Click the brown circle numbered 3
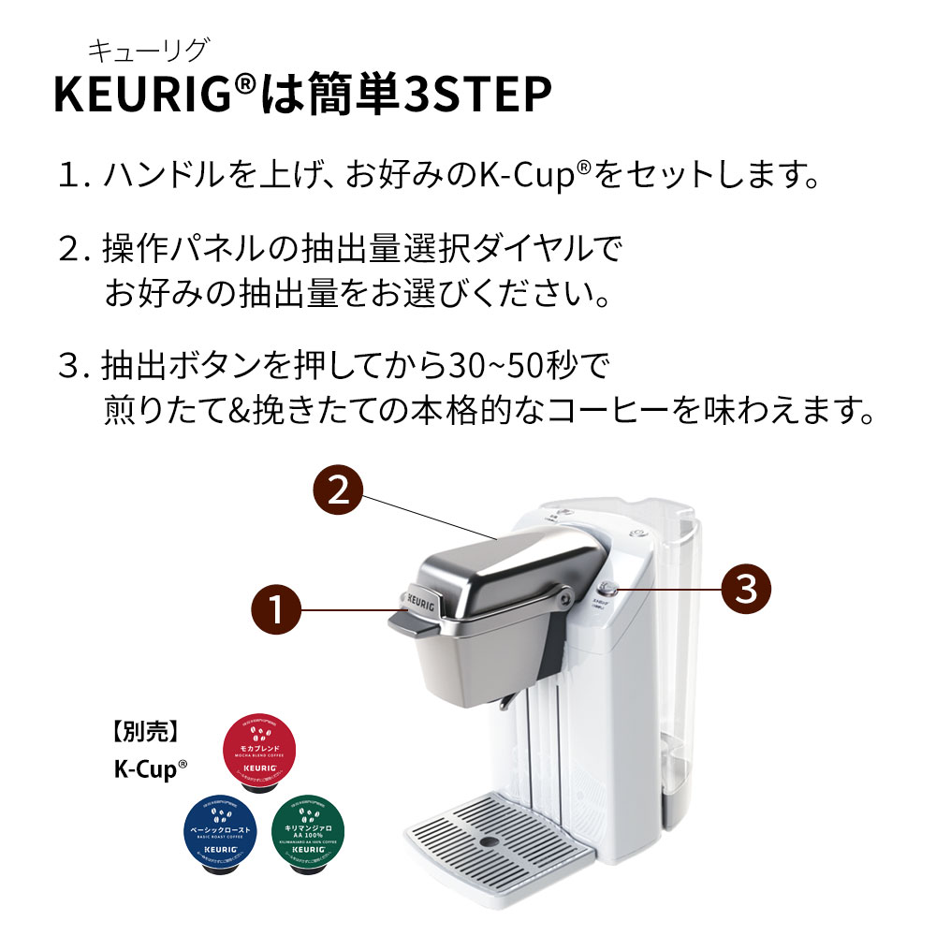pos(746,588)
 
